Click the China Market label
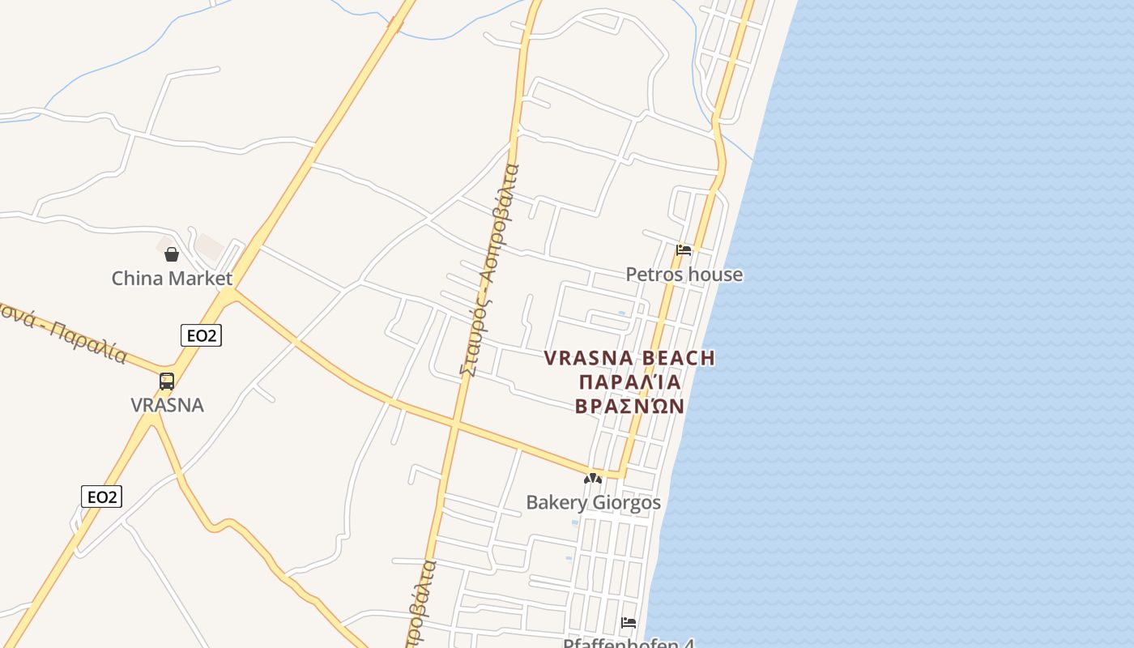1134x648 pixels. (172, 279)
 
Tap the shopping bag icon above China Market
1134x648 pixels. (172, 254)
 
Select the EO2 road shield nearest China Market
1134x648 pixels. (201, 335)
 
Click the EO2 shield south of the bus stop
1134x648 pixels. (102, 497)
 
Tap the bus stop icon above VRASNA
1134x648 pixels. (167, 381)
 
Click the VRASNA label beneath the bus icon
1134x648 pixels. (167, 405)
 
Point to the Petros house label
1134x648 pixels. (684, 275)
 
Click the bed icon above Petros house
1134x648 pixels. (684, 249)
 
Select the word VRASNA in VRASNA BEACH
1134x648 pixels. (589, 358)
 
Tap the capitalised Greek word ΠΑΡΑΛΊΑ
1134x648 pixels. (629, 382)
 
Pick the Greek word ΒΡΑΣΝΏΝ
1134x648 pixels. (629, 406)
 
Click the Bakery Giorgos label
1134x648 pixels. (593, 502)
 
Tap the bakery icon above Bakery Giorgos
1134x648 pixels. (593, 479)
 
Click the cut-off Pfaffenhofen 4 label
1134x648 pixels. (629, 643)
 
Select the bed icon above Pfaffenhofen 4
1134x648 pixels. (629, 623)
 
